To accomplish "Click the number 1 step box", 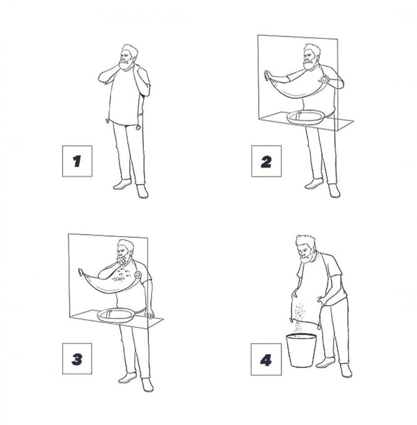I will click(x=77, y=161).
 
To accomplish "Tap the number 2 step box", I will click(x=266, y=161).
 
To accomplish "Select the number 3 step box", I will click(x=77, y=358).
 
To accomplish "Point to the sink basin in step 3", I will click(x=116, y=315).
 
